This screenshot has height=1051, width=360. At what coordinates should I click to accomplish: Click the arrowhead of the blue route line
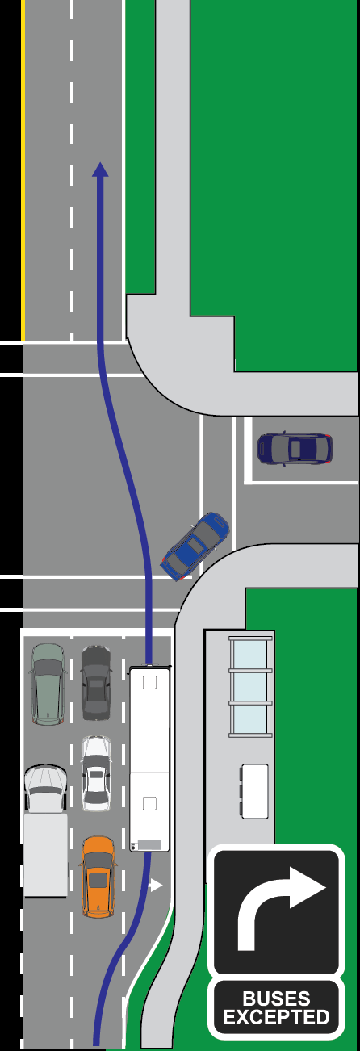click(x=100, y=170)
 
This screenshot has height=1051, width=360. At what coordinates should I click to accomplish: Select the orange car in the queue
click(x=98, y=876)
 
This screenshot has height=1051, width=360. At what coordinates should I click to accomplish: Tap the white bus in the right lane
click(x=149, y=758)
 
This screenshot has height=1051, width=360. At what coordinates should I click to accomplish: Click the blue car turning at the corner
click(x=195, y=546)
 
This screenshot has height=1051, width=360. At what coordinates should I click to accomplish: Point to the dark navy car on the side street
click(x=295, y=449)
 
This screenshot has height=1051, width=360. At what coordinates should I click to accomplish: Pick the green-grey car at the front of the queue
click(x=48, y=684)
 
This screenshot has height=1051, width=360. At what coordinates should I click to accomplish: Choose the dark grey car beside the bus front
click(x=96, y=683)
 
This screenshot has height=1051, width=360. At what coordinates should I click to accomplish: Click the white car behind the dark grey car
click(x=96, y=773)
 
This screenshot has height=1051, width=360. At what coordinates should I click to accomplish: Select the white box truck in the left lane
click(x=45, y=831)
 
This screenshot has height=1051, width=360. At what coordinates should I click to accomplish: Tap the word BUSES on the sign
click(x=276, y=998)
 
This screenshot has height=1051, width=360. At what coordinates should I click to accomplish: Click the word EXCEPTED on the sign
click(x=276, y=1017)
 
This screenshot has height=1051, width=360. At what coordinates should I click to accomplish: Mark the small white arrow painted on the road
click(x=155, y=886)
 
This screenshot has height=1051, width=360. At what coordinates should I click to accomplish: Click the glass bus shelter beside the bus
click(x=251, y=686)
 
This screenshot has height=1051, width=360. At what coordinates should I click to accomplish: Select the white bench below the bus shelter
click(x=254, y=791)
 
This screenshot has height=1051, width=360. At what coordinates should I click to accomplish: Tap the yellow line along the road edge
click(x=23, y=170)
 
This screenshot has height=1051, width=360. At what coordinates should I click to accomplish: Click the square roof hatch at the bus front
click(x=149, y=682)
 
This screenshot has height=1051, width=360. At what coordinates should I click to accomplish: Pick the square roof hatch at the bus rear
click(x=149, y=804)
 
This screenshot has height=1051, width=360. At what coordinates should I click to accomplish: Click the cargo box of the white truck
click(x=45, y=856)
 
